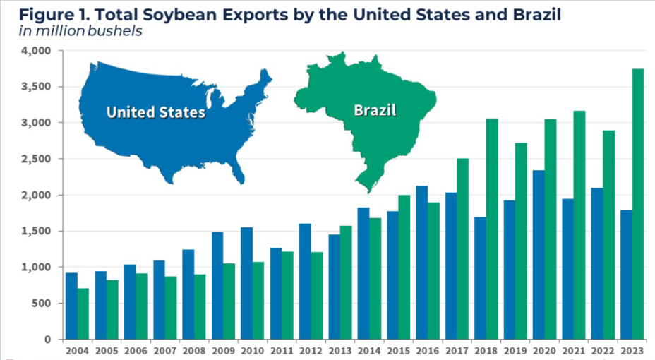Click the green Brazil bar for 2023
[638, 204]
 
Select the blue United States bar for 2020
[538, 254]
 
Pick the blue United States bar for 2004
[71, 306]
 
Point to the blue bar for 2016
[421, 262]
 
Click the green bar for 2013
[346, 282]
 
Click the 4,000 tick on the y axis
[37, 51]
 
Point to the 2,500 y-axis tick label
[37, 160]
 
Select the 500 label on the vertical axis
[43, 304]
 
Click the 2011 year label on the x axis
[281, 349]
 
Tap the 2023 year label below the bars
[632, 349]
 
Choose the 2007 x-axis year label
[164, 349]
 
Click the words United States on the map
[155, 112]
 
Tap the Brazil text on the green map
[374, 110]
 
